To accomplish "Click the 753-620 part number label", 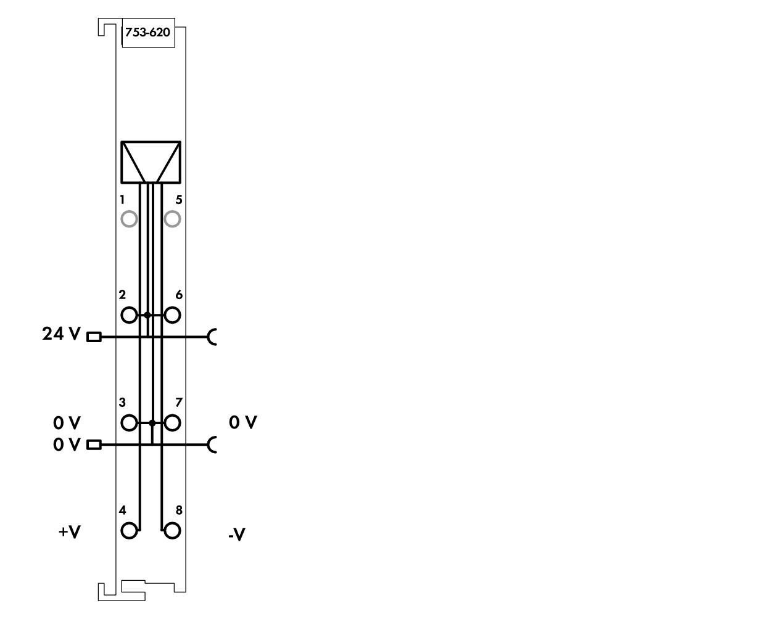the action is pyautogui.click(x=147, y=32).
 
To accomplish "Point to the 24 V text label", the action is pyautogui.click(x=62, y=334).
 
